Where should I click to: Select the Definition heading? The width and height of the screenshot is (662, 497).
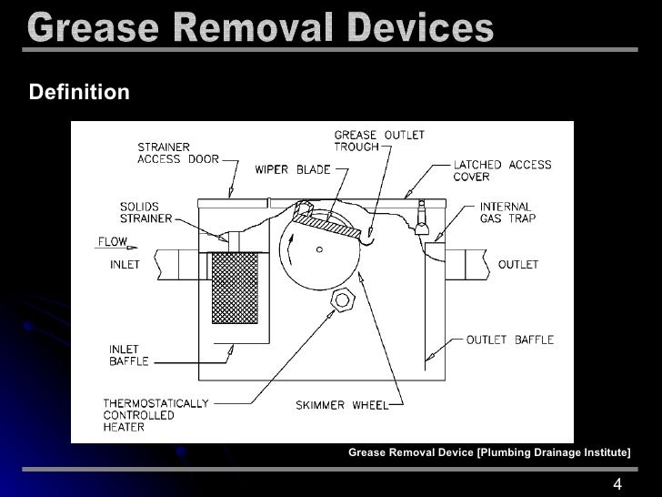click(79, 93)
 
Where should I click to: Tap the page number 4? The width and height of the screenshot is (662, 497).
click(618, 483)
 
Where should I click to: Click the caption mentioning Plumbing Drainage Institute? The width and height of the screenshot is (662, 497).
click(489, 452)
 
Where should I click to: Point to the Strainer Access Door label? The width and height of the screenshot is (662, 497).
click(178, 152)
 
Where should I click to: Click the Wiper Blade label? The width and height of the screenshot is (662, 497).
click(293, 169)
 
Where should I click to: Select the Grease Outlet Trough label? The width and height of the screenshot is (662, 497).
click(379, 141)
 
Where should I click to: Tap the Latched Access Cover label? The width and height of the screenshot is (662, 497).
click(502, 171)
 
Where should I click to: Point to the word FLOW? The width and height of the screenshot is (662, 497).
click(113, 243)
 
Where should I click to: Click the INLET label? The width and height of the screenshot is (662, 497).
click(125, 265)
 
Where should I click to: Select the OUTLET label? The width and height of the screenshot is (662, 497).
click(517, 265)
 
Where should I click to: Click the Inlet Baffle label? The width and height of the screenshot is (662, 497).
click(125, 355)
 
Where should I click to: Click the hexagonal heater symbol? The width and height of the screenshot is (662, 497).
click(343, 299)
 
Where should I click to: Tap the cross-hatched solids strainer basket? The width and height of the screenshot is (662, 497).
click(235, 288)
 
